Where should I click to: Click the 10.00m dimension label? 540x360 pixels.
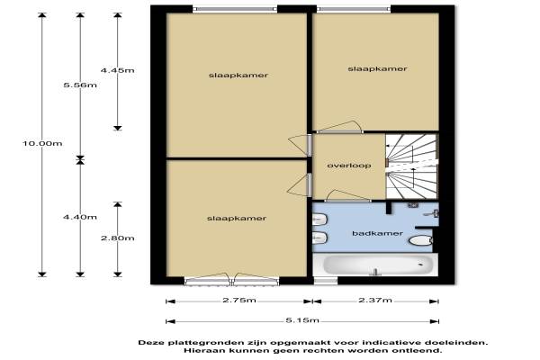pyautogui.click(x=42, y=143)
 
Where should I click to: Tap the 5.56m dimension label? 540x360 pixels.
pyautogui.click(x=80, y=85)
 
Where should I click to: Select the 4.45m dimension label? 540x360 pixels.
pyautogui.click(x=117, y=70)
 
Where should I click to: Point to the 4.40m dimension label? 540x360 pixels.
pyautogui.click(x=80, y=217)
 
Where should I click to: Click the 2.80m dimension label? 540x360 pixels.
pyautogui.click(x=117, y=238)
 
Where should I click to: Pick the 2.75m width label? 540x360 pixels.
pyautogui.click(x=239, y=300)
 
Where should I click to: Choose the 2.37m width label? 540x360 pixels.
pyautogui.click(x=375, y=300)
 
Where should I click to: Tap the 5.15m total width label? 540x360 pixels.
pyautogui.click(x=302, y=320)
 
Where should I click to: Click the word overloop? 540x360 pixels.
pyautogui.click(x=349, y=166)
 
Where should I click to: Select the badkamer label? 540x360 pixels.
pyautogui.click(x=377, y=234)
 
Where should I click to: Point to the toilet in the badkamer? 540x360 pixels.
pyautogui.click(x=420, y=240)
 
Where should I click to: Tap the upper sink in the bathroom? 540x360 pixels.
pyautogui.click(x=319, y=220)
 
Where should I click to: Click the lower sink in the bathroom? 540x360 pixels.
pyautogui.click(x=319, y=238)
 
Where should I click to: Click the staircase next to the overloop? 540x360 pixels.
pyautogui.click(x=412, y=166)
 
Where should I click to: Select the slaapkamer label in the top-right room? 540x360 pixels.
pyautogui.click(x=377, y=69)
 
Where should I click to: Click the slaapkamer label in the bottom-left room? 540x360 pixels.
pyautogui.click(x=237, y=219)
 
